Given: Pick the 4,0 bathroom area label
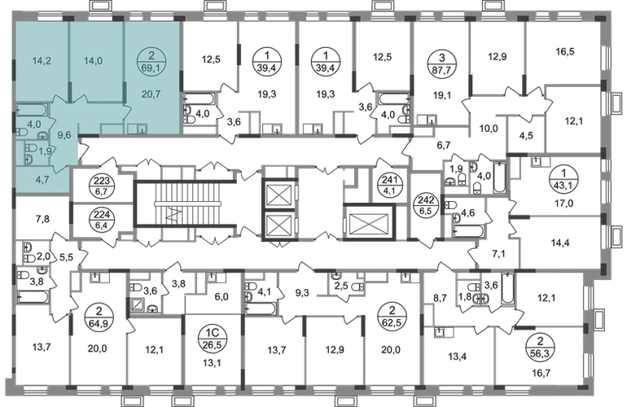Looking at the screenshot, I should click(x=33, y=125).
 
